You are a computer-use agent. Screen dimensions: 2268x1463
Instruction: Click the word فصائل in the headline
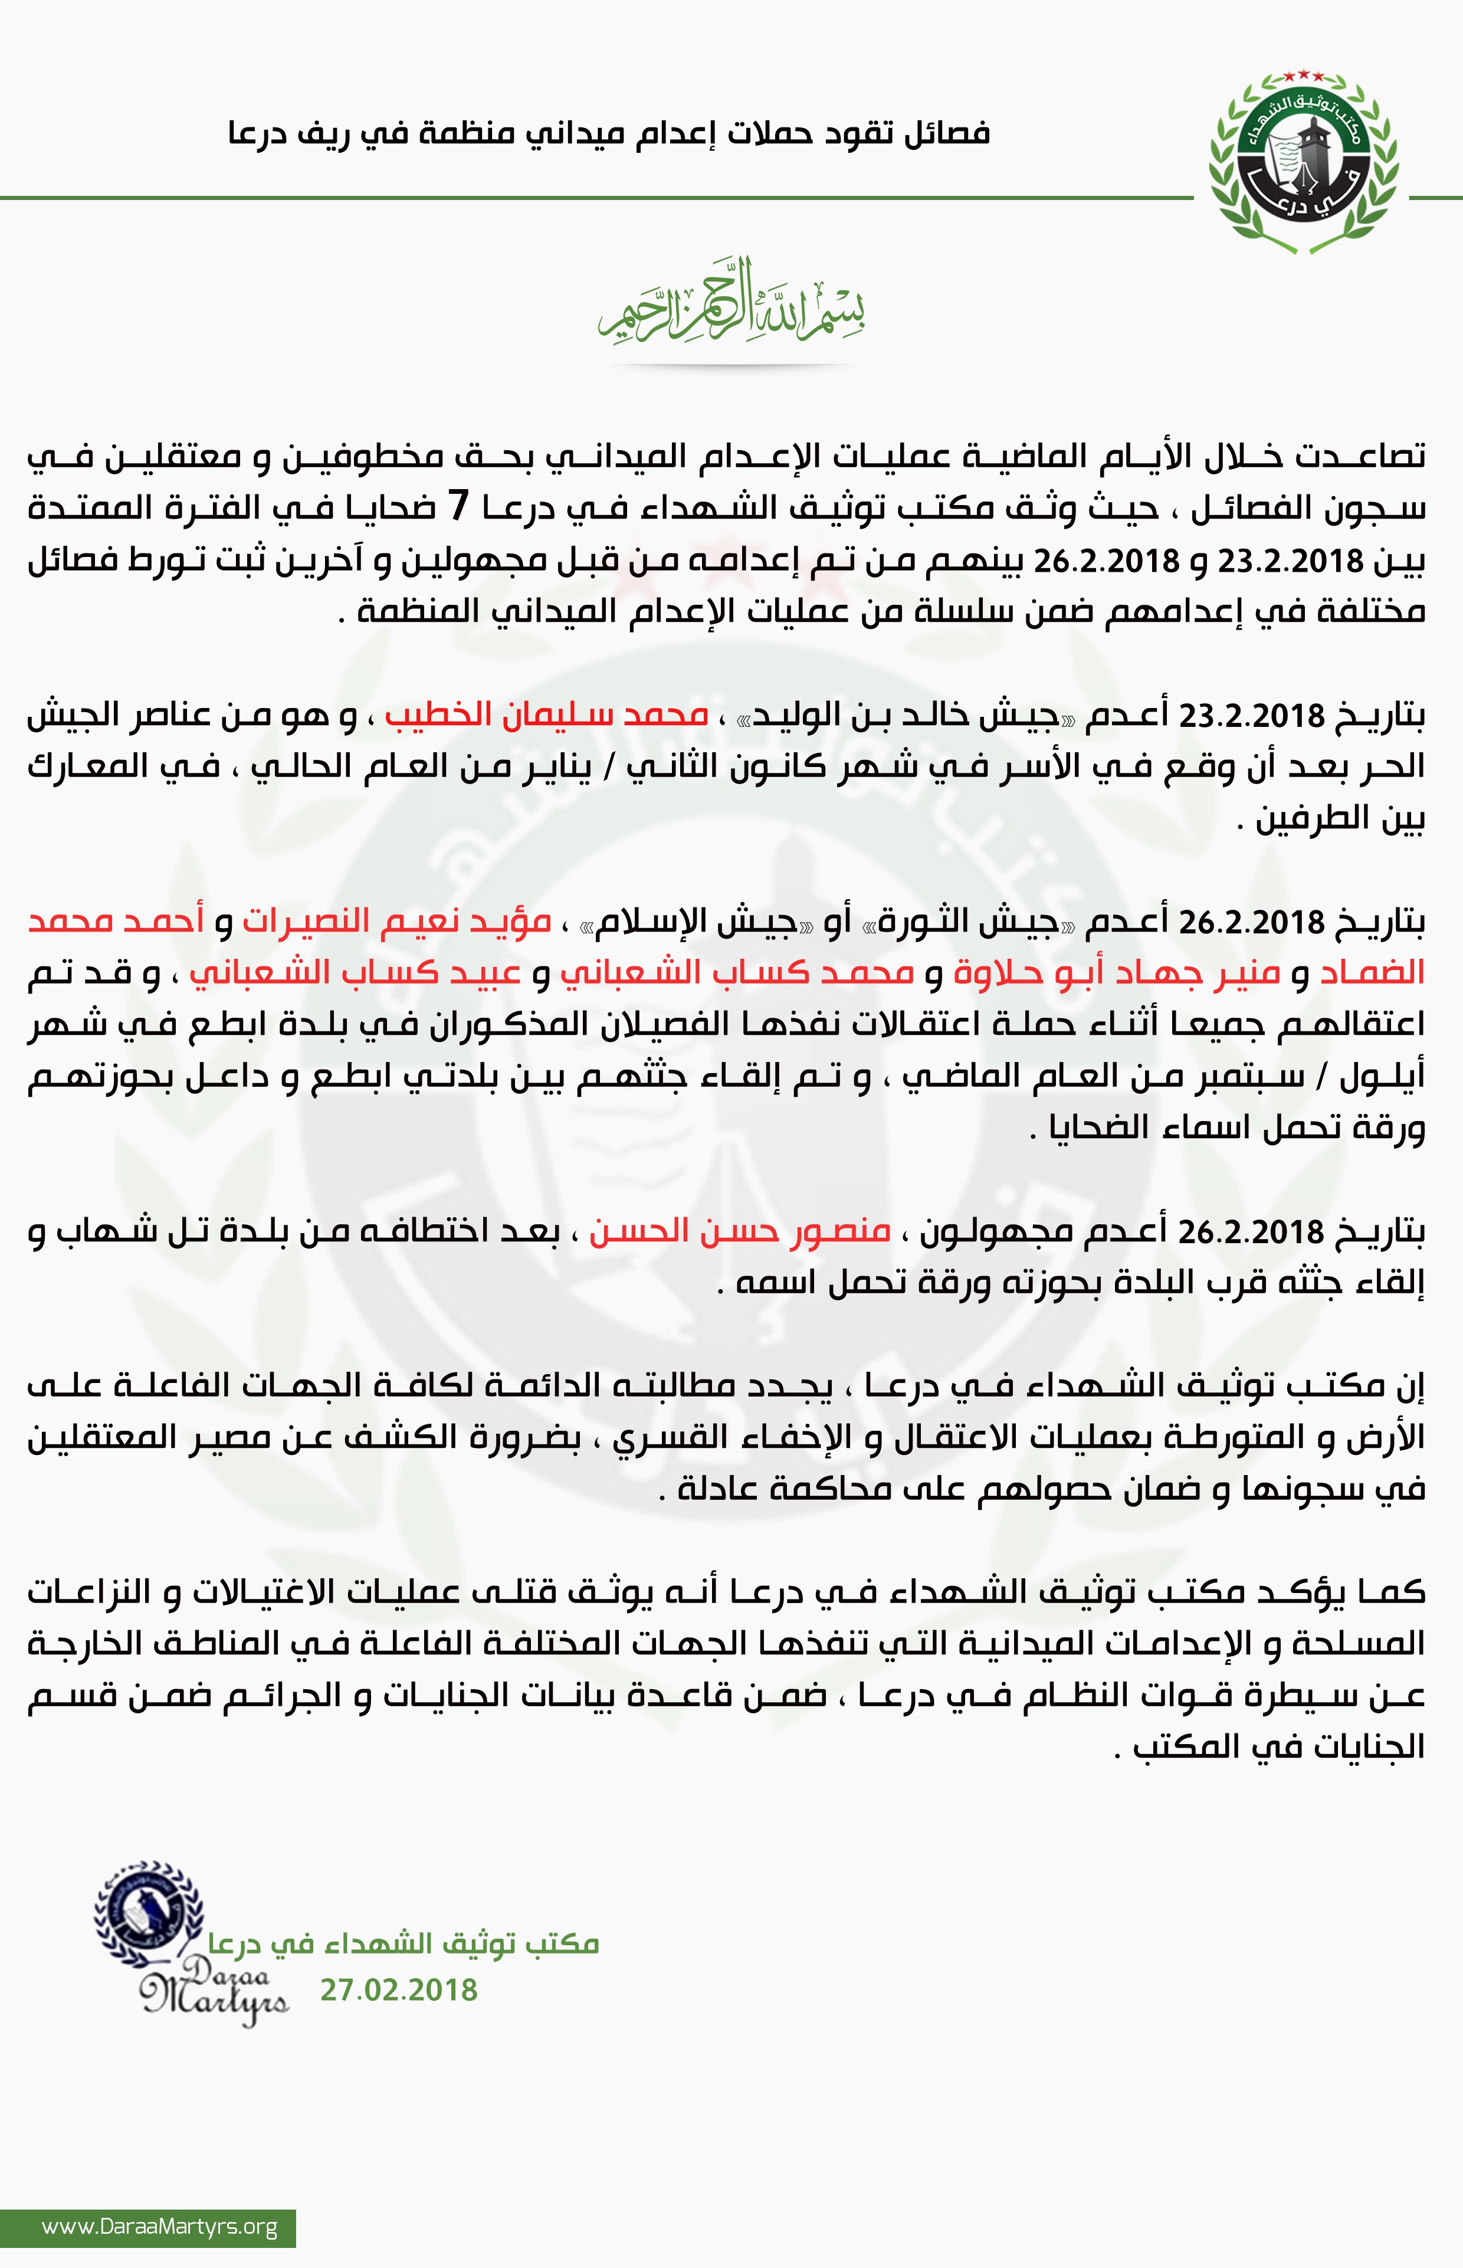(947, 133)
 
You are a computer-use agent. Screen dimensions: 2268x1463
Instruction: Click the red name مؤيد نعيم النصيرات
(397, 920)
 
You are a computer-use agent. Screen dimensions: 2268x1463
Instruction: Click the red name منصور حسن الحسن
(740, 1231)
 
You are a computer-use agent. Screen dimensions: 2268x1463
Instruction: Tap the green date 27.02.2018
(398, 1989)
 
